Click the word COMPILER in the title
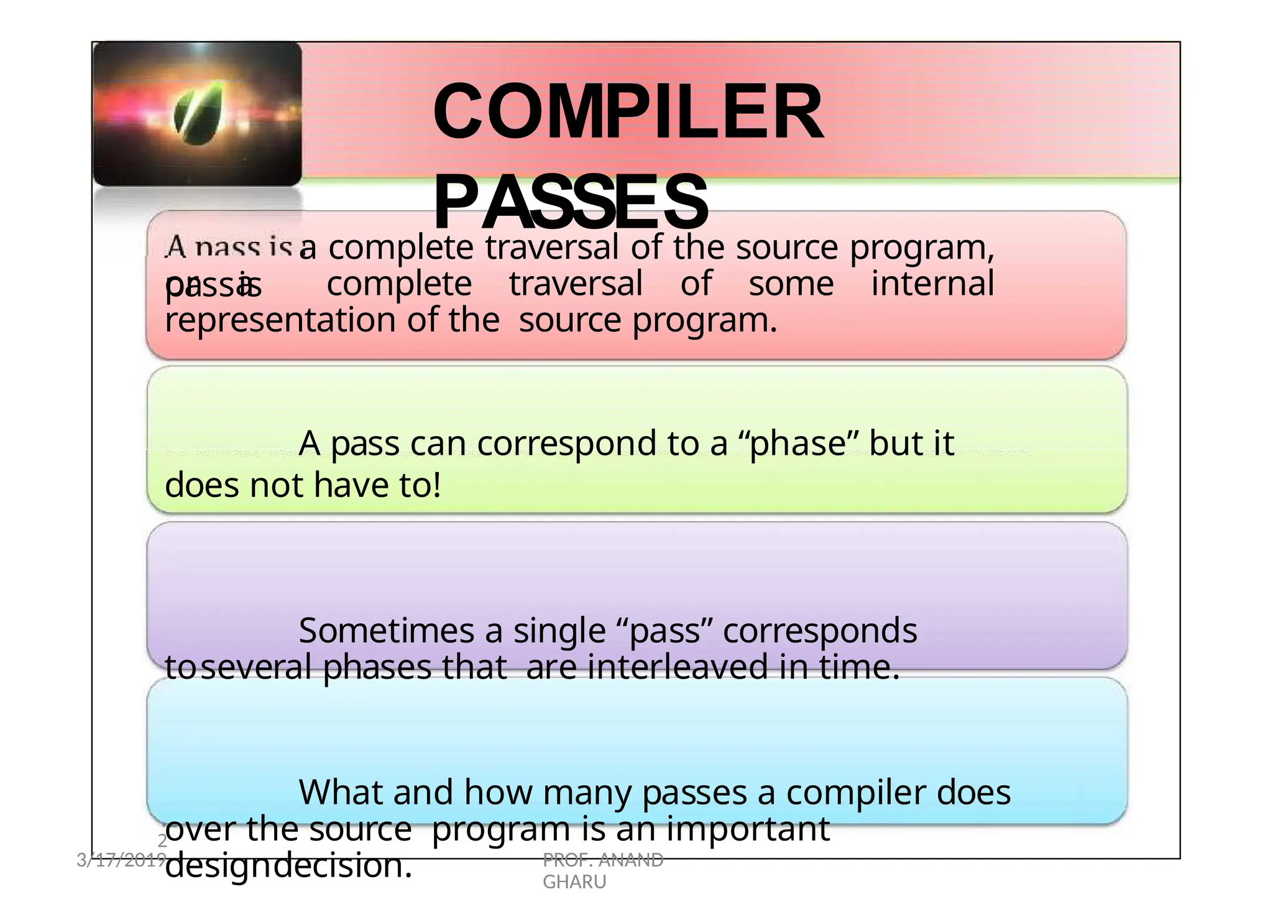(x=628, y=113)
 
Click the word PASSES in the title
(x=570, y=203)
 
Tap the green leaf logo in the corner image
(x=198, y=113)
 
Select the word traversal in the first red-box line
(x=551, y=248)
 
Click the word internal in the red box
(x=932, y=284)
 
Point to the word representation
(x=280, y=320)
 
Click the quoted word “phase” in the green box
(x=797, y=444)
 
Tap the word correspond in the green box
(x=566, y=444)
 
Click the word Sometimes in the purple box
(x=385, y=631)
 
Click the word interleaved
(x=678, y=667)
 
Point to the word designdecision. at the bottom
(x=288, y=866)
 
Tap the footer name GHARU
(x=574, y=882)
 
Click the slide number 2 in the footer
(x=162, y=841)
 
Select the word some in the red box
(x=791, y=284)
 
